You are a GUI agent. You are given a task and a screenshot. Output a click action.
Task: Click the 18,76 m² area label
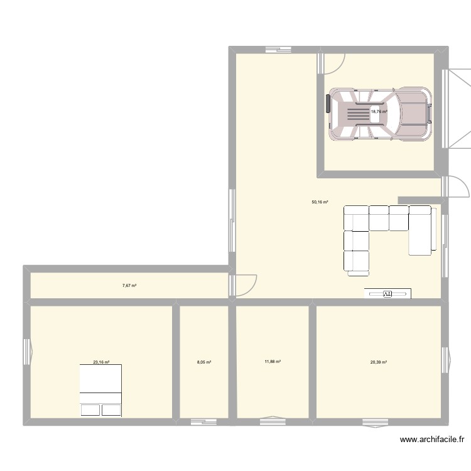click(x=379, y=112)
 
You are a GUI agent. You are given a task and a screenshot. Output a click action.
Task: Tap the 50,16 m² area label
click(x=320, y=202)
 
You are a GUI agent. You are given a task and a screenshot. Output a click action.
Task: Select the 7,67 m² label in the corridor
click(x=129, y=286)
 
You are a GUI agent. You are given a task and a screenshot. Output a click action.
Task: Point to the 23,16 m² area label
click(x=101, y=362)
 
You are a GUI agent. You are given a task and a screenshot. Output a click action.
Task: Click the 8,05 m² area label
click(x=204, y=362)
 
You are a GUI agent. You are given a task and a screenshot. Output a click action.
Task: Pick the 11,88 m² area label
click(x=273, y=362)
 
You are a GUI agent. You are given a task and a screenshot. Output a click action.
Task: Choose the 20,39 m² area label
click(x=379, y=362)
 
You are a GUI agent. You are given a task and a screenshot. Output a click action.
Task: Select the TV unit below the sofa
click(x=387, y=293)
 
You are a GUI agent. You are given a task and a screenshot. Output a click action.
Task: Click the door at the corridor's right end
click(x=244, y=284)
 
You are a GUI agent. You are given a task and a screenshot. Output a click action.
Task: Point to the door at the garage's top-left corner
click(x=332, y=62)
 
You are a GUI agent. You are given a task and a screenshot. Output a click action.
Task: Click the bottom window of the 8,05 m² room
click(x=203, y=422)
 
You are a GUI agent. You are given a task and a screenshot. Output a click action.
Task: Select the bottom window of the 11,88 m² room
click(x=273, y=421)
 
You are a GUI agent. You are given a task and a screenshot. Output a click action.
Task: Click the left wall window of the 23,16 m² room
click(x=27, y=352)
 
